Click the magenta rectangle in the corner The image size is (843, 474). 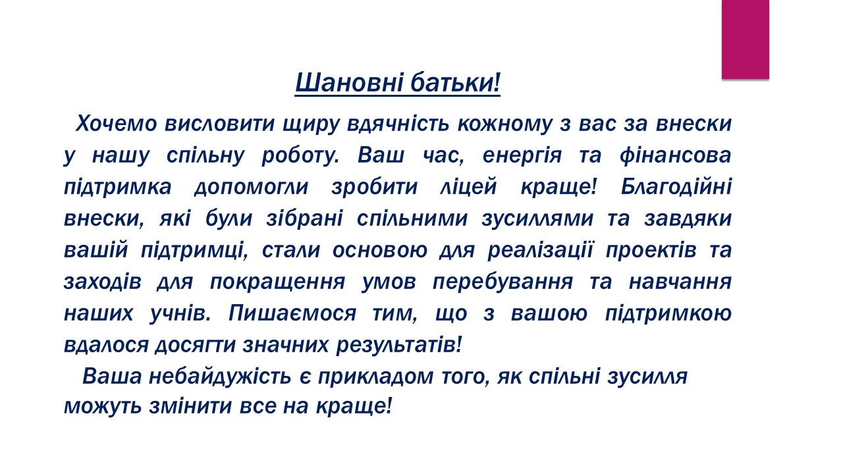tap(745, 39)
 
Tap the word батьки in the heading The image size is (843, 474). tap(452, 82)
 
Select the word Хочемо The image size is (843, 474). tap(117, 124)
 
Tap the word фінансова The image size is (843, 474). tap(676, 155)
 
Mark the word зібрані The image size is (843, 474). tap(304, 218)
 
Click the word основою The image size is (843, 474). tap(380, 250)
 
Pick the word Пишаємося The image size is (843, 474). tap(292, 313)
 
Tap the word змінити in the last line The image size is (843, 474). tap(190, 407)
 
